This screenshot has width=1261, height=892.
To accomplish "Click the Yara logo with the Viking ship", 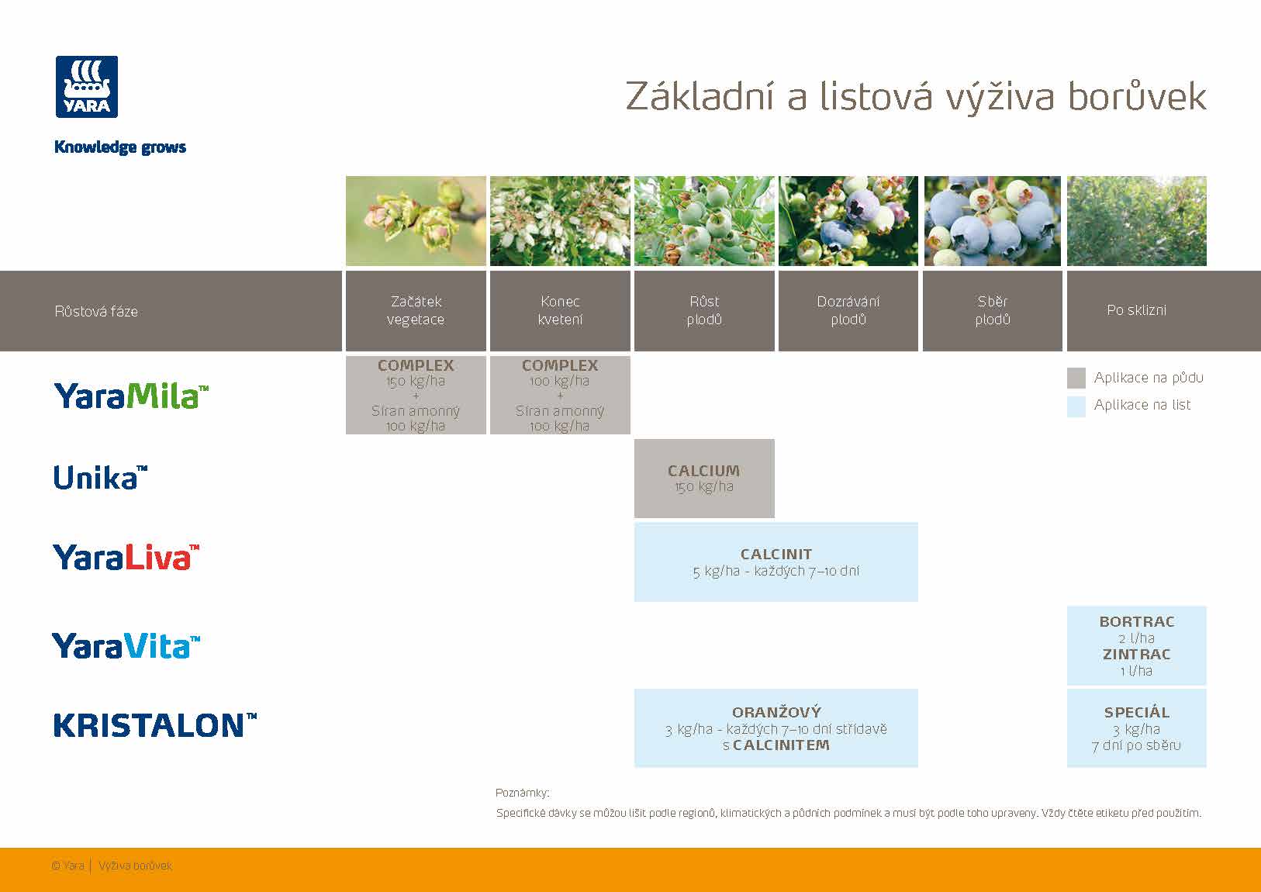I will pos(87,87).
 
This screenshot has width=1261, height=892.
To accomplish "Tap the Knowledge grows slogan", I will pos(120,147).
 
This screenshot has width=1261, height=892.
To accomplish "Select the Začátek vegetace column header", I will pos(416,310).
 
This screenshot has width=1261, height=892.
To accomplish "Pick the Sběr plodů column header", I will pos(993,310).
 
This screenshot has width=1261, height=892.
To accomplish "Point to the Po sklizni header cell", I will pos(1136,310).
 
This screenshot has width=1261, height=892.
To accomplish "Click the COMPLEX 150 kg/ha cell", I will pos(416,395).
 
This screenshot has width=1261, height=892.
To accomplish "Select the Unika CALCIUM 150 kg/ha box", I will pos(704,479).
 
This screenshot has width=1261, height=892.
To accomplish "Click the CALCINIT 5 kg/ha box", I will pos(776,562).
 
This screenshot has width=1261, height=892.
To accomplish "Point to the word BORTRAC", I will pos(1137,622).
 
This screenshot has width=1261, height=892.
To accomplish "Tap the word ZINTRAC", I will pos(1137,655).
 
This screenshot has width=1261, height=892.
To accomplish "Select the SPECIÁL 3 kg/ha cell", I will pos(1137,728).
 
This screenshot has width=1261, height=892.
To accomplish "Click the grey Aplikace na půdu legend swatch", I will pos(1076,378).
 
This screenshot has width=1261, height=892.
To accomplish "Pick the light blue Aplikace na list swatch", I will pos(1076,406).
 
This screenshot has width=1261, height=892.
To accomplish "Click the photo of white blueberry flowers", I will pos(560,221).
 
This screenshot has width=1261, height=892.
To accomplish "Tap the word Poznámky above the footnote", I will pos(522,793).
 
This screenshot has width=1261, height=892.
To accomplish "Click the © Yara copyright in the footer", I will pos(68,866).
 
